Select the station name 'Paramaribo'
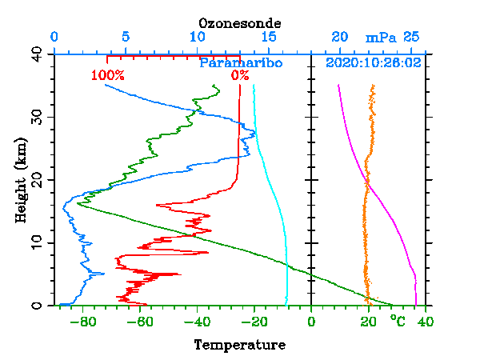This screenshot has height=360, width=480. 241,62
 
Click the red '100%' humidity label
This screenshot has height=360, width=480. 108,76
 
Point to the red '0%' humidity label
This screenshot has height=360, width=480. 239,76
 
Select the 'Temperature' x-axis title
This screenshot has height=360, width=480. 239,345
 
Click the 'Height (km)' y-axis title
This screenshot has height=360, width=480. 22,179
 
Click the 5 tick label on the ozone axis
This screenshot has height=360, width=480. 126,38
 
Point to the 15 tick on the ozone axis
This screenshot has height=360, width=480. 269,38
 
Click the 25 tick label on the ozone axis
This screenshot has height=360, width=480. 411,38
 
